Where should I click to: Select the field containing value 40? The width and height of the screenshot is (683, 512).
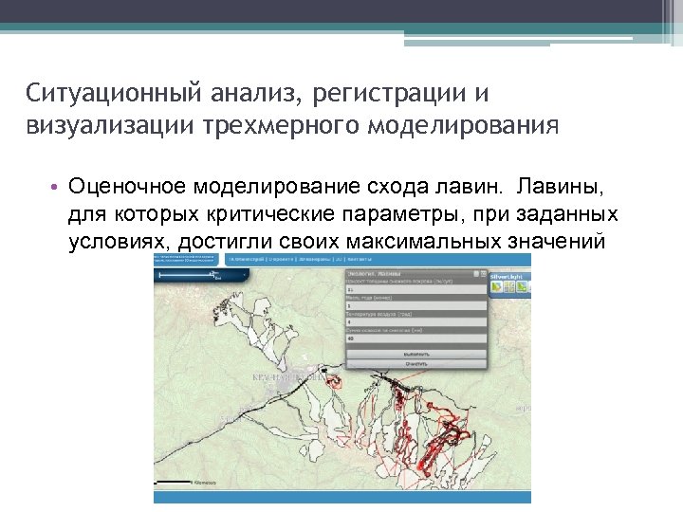point(415,338)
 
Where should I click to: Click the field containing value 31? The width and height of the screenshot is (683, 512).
point(415,290)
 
